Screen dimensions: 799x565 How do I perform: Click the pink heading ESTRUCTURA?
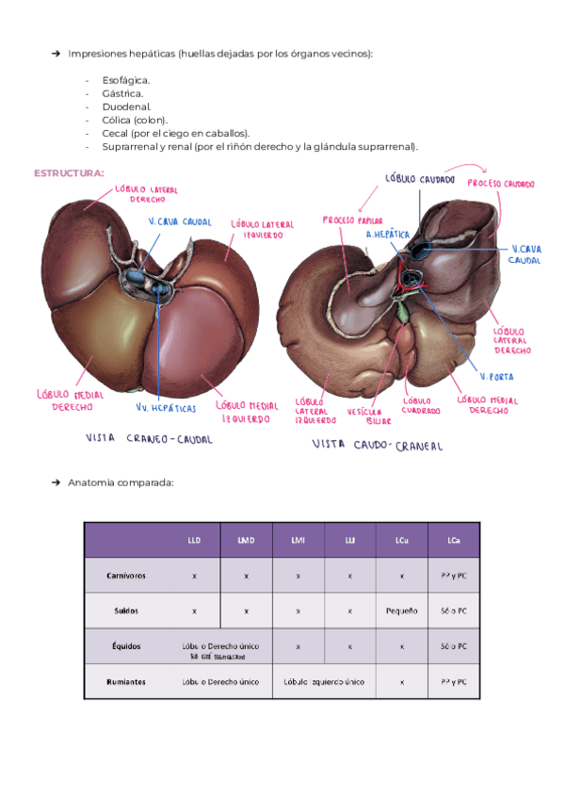pos(69,173)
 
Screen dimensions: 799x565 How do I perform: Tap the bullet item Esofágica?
pos(126,80)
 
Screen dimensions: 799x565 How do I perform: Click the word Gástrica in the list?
pos(123,93)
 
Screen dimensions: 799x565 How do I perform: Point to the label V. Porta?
pos(497,377)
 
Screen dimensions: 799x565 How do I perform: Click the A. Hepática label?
pos(387,234)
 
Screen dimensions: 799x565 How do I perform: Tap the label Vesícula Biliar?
pos(364,417)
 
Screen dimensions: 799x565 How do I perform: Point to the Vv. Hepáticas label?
pos(166,408)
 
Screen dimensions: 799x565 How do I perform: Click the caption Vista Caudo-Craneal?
pos(377,445)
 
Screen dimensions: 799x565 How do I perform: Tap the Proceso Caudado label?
pos(501,184)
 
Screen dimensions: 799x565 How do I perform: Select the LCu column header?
pos(402,540)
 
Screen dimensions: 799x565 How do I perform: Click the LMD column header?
pos(246,540)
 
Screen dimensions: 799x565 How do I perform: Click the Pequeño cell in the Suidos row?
pos(402,611)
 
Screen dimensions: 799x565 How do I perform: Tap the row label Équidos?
pos(127,646)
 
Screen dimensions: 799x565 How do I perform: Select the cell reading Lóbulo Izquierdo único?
pos(324,681)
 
